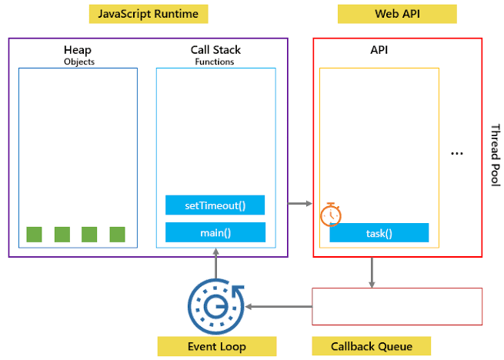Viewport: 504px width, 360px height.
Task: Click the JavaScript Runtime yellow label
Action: [149, 14]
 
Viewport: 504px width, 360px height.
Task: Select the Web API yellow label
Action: [397, 14]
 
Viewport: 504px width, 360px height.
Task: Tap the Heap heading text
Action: [78, 50]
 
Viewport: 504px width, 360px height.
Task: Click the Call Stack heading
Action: [215, 50]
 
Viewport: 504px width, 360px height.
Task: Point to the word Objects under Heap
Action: [79, 62]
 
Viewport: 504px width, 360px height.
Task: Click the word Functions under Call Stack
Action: [215, 62]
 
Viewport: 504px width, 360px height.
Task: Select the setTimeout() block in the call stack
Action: [215, 205]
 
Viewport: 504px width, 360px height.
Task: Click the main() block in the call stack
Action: [215, 232]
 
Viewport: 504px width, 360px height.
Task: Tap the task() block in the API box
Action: [379, 233]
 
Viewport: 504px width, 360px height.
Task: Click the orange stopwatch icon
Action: [331, 215]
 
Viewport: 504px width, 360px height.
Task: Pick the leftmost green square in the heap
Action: [34, 235]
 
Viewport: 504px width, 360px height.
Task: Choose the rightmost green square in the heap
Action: [117, 235]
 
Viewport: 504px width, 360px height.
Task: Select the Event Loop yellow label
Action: [217, 346]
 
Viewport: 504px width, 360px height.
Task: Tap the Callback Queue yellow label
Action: [372, 346]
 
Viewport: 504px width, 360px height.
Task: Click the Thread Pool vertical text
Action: [496, 155]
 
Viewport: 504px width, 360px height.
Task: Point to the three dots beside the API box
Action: [457, 154]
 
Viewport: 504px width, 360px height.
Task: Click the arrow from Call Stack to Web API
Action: [300, 204]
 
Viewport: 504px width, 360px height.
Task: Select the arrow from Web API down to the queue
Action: [372, 272]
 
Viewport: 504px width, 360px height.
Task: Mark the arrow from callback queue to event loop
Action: [279, 307]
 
